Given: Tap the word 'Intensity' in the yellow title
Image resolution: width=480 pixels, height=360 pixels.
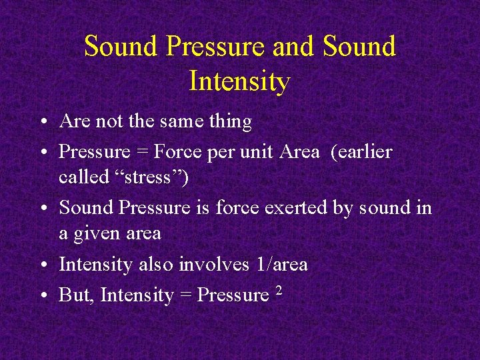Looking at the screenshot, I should click(x=239, y=81).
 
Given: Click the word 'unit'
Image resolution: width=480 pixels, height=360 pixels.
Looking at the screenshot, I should click(x=257, y=152).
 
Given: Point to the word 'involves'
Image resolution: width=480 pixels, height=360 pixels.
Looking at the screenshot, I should click(x=215, y=265).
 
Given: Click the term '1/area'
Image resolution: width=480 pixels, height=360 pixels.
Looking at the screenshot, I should click(x=282, y=265).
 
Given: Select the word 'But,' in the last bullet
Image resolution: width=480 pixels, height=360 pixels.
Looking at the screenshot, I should click(x=77, y=295).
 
